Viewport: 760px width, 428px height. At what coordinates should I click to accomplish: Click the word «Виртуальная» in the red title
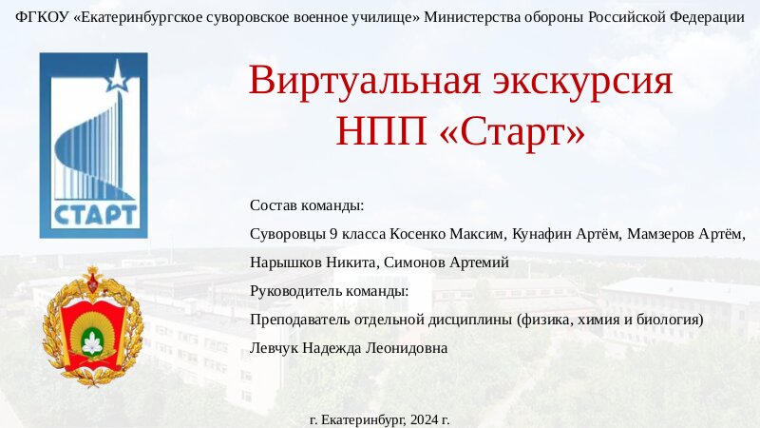[365, 81]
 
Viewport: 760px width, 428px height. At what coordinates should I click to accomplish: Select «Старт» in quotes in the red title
[512, 132]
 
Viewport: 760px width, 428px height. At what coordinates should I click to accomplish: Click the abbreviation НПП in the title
[382, 131]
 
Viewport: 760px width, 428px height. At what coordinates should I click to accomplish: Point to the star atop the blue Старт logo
[117, 75]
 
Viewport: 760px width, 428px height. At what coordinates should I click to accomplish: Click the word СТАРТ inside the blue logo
[95, 215]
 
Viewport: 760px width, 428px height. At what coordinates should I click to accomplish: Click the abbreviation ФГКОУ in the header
[42, 17]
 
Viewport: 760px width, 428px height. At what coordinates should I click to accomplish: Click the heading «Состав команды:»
[307, 205]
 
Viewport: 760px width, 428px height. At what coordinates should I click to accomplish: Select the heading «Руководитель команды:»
[330, 292]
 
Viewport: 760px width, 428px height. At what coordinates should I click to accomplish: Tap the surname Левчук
[275, 348]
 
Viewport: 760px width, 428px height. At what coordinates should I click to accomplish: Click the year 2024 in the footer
[425, 420]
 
